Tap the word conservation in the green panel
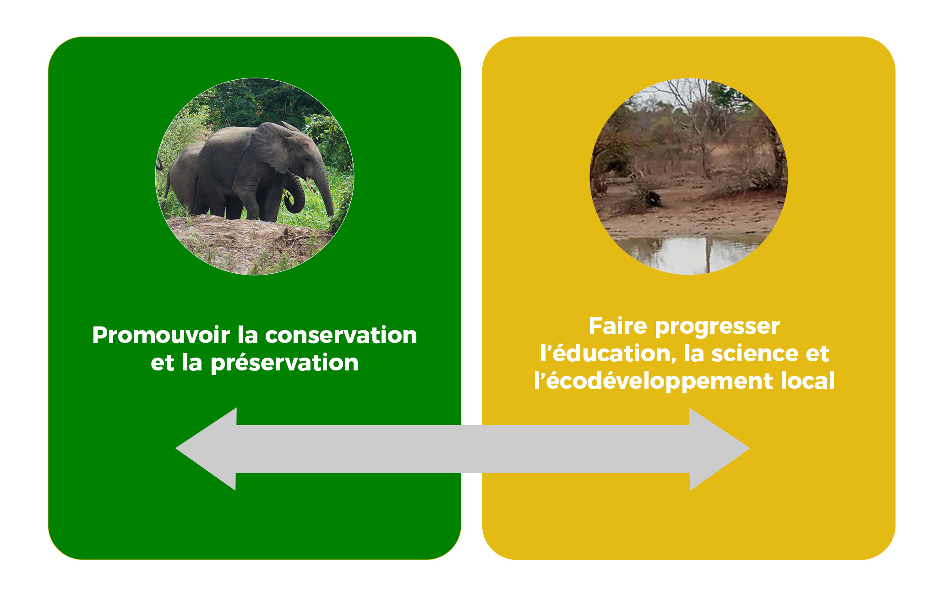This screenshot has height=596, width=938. (x=341, y=335)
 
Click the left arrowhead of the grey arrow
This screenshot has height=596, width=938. (x=206, y=449)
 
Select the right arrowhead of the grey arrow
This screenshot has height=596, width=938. (x=720, y=449)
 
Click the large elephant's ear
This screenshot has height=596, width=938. (x=271, y=147)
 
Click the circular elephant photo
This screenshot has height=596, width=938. (x=255, y=177)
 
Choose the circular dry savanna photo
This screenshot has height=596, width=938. (x=689, y=177)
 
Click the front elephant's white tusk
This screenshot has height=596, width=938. (x=310, y=185)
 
